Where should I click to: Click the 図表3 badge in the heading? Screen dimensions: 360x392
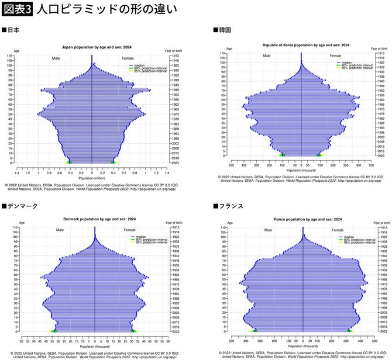[17, 9]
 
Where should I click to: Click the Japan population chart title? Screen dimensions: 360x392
[92, 47]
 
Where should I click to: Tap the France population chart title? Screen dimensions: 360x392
[300, 219]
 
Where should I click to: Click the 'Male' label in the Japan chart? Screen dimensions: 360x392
[56, 58]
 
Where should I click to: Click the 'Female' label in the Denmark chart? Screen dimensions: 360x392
[129, 230]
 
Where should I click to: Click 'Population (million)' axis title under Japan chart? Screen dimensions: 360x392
[92, 177]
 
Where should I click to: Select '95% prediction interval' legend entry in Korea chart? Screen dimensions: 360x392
[356, 68]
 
